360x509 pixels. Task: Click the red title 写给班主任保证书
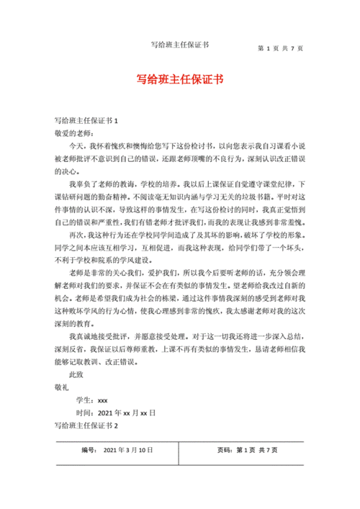pos(180,79)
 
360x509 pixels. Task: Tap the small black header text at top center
pos(180,45)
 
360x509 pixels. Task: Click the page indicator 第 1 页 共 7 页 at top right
pos(279,48)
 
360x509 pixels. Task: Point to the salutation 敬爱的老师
pos(74,133)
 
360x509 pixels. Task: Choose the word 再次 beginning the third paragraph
pos(76,234)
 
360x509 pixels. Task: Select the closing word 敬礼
pos(63,387)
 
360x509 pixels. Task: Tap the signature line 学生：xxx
pos(91,400)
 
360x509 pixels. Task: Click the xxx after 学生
pos(102,400)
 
